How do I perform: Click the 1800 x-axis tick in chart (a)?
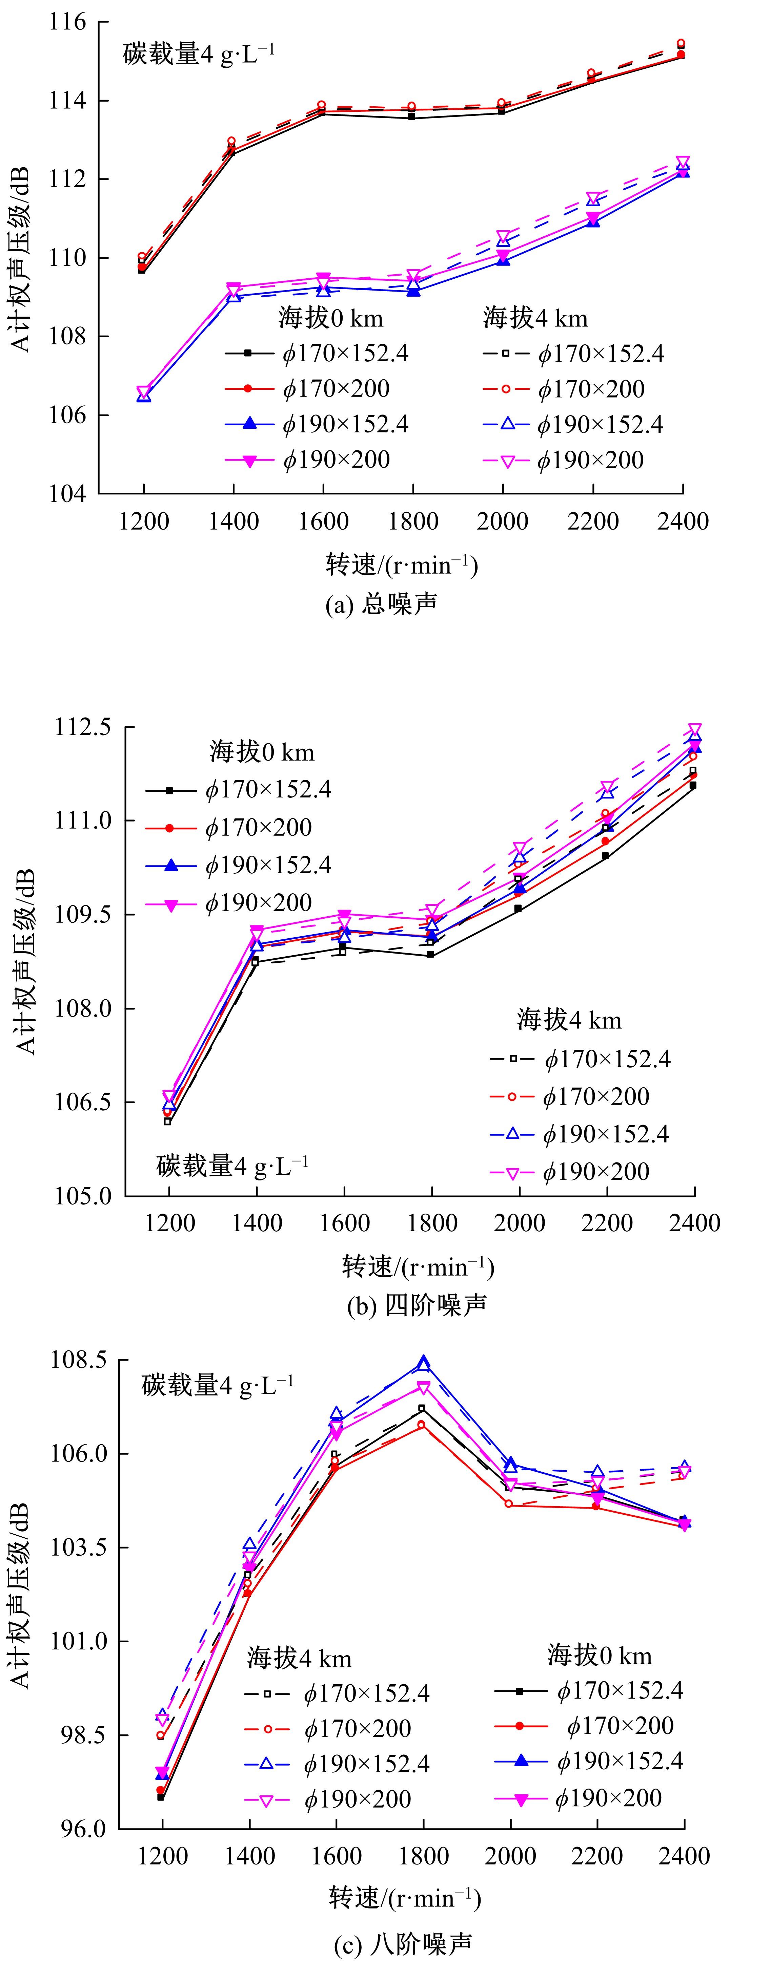click(x=412, y=522)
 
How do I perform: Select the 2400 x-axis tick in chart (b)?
click(x=694, y=1223)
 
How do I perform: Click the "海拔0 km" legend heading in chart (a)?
click(x=330, y=318)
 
